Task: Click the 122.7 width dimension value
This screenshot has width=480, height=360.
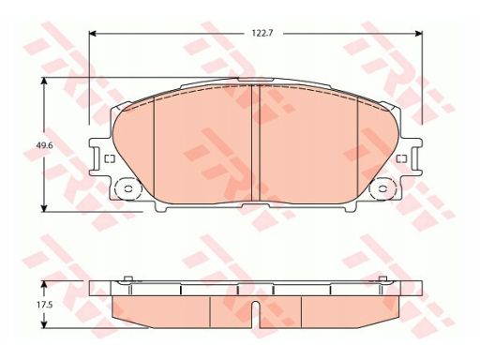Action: [262, 33]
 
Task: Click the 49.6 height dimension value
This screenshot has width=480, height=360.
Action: [44, 145]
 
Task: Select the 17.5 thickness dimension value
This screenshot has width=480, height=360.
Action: [44, 305]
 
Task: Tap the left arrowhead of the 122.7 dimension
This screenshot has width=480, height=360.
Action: [93, 33]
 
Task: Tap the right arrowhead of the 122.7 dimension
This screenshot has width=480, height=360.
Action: [419, 33]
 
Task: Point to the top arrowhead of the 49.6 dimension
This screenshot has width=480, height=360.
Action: [44, 81]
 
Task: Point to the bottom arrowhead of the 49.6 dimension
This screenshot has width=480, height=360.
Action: [44, 208]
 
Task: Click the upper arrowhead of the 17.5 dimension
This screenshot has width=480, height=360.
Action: [44, 284]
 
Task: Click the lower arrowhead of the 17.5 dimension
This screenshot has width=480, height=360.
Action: [44, 324]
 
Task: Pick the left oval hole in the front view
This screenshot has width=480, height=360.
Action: [128, 188]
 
